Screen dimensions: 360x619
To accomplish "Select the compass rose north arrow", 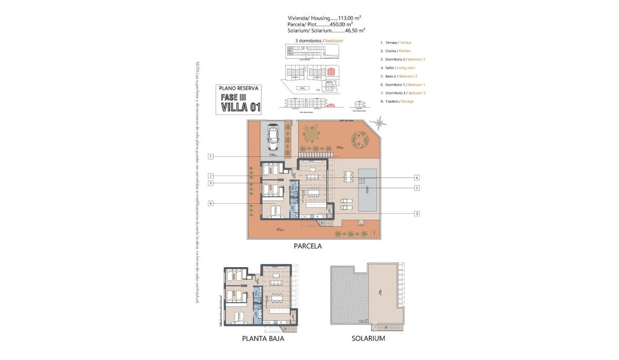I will click(x=381, y=123).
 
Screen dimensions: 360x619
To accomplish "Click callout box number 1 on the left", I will click(x=210, y=156).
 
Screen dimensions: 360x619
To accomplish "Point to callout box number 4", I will click(x=416, y=177).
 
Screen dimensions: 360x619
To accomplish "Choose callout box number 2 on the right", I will click(x=416, y=212).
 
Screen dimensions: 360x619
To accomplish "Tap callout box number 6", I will click(x=210, y=203).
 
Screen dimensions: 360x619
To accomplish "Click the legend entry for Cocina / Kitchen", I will click(x=395, y=51).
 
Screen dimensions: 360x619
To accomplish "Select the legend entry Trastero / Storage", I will click(x=396, y=102).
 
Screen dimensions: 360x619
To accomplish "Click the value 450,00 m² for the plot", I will click(x=340, y=24).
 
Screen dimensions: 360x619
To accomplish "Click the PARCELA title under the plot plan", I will click(x=307, y=246).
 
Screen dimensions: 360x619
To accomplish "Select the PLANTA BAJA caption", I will click(x=263, y=339).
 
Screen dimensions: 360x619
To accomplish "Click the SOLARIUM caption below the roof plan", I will click(x=368, y=339).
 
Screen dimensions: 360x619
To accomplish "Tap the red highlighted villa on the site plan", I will click(x=330, y=71).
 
